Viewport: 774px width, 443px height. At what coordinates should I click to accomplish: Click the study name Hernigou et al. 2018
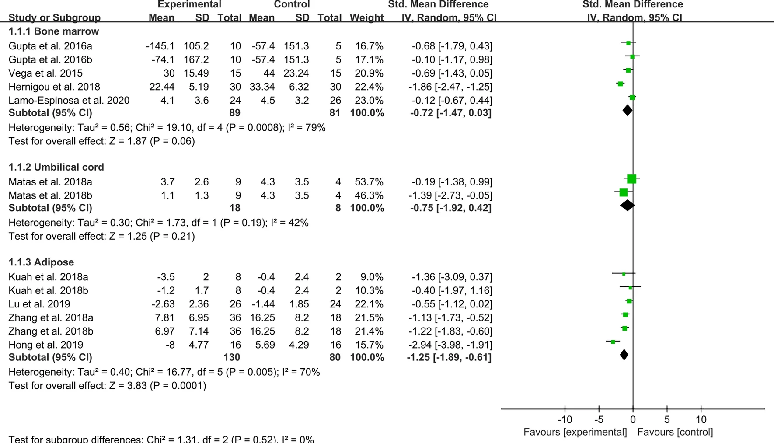pos(54,87)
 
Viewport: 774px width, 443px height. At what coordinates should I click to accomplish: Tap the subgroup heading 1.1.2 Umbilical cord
pos(56,167)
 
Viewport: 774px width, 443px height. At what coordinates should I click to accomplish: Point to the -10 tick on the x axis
pos(565,419)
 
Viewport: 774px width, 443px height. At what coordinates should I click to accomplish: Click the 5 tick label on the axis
pos(667,419)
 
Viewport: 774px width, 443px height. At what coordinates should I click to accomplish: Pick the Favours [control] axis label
pos(675,432)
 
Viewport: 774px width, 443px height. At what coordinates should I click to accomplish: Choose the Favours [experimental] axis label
pos(575,432)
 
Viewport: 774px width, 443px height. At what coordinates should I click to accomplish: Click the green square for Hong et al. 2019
pos(613,342)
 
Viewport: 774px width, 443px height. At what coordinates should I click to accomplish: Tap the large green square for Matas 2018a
pos(631,178)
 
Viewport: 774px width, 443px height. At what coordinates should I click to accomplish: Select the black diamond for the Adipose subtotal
pos(624,355)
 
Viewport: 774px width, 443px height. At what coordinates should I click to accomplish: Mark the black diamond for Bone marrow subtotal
pos(628,110)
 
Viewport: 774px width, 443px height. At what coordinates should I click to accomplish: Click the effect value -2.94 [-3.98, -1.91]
pos(452,345)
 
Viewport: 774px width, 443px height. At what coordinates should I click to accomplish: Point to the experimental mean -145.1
pos(160,46)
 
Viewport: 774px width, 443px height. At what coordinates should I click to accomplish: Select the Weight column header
pos(366,18)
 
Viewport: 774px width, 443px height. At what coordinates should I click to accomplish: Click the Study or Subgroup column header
pos(54,18)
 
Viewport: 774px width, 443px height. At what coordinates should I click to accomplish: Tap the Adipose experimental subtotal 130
pos(231,357)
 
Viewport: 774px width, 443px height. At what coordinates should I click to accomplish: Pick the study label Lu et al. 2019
pos(39,304)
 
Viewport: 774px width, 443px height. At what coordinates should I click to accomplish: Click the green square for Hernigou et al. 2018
pos(620,84)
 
